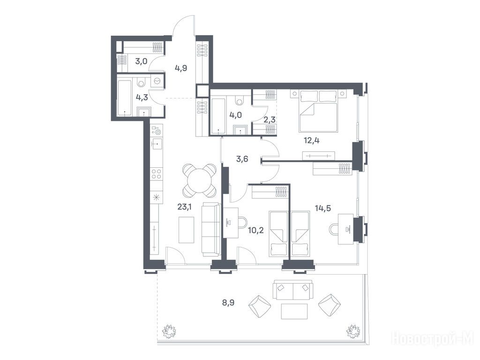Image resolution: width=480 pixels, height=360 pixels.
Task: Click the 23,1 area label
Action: (185, 207)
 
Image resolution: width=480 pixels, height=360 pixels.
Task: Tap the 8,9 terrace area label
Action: (228, 303)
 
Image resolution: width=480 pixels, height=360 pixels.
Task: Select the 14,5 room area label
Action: (323, 208)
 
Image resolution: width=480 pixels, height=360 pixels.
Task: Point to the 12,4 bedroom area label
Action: (312, 141)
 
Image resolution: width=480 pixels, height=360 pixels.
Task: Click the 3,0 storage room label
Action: (141, 61)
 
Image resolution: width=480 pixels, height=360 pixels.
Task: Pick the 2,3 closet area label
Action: (270, 120)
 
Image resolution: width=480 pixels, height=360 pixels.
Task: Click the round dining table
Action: (199, 180)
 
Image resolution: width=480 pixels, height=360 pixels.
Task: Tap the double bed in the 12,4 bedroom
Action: (318, 111)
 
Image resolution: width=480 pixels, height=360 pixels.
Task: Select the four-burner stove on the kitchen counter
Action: (157, 174)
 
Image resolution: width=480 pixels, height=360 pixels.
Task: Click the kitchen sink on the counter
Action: (157, 143)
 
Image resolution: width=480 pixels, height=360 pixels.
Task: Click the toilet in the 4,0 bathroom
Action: (239, 100)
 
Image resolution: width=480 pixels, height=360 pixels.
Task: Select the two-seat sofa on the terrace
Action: (293, 290)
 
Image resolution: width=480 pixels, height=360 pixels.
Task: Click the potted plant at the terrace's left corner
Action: (168, 330)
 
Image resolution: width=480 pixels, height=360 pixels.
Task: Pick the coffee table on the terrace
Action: (294, 311)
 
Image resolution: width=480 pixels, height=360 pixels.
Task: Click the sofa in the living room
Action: (211, 230)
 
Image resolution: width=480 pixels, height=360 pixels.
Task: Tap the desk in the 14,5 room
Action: (345, 229)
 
